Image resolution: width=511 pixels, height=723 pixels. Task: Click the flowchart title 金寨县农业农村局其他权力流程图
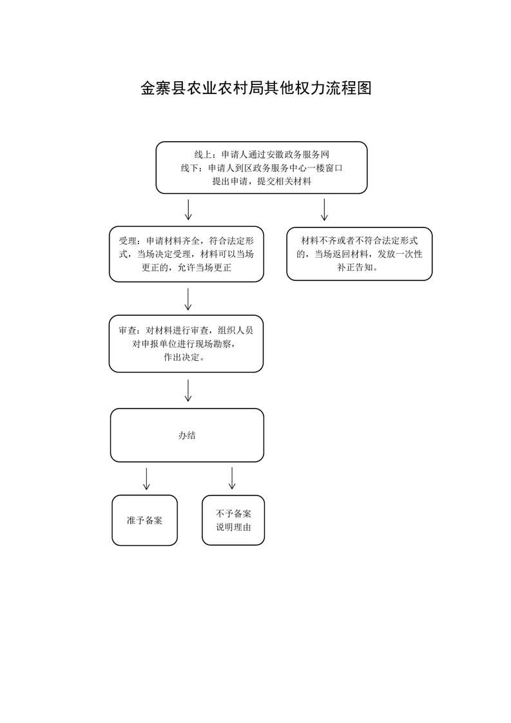[256, 88]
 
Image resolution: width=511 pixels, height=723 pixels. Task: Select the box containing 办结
[187, 435]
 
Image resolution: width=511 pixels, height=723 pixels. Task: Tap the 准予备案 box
[144, 521]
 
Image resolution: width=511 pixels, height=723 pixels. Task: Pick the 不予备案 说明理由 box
[233, 521]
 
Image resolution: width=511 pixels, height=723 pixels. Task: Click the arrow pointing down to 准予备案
[146, 479]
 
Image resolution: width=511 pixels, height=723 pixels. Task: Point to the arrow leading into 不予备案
[232, 479]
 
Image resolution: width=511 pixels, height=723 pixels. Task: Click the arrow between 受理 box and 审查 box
[188, 299]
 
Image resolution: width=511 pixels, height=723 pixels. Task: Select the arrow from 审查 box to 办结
[188, 390]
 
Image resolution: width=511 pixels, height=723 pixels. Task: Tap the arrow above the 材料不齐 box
[324, 210]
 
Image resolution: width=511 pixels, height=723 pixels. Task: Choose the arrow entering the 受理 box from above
[188, 210]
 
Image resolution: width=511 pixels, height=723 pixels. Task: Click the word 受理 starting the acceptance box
[128, 241]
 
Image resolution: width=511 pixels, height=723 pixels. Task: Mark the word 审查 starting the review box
[128, 330]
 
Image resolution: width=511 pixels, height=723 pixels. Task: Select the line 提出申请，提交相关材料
[262, 181]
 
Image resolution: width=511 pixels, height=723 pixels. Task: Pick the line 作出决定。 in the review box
[185, 357]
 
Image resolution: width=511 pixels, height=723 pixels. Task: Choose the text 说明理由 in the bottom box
[233, 527]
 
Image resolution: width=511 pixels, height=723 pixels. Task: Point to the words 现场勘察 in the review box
[218, 343]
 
